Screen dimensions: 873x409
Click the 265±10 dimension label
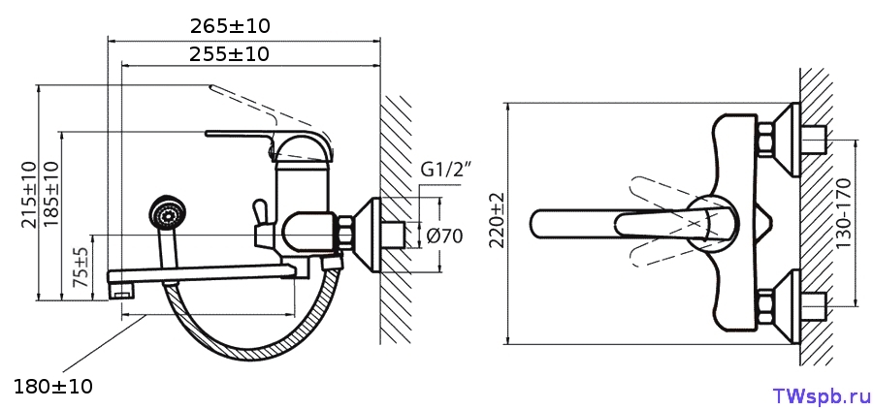(x=230, y=26)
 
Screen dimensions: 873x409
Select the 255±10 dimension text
(x=229, y=54)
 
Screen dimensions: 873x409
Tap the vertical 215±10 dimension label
(x=28, y=194)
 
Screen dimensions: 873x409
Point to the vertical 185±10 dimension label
(x=50, y=194)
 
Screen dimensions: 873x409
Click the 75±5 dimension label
(x=81, y=267)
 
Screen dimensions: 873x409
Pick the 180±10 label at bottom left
(x=53, y=386)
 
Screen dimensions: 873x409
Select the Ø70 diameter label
(x=444, y=236)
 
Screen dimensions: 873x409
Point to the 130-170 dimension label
(x=843, y=213)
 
